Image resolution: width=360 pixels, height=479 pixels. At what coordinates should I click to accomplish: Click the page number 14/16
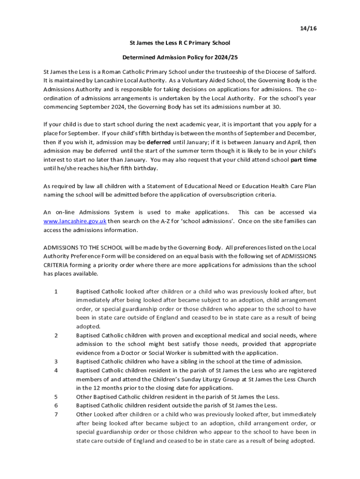pos(308,29)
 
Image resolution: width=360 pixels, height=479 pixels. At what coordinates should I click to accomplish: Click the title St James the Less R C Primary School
pos(180,43)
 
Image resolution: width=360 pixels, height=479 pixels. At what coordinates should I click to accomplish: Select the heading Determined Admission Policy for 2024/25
pos(180,58)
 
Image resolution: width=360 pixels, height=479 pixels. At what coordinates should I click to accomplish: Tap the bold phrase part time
pos(303,160)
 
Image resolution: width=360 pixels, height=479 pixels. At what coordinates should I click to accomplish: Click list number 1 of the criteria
pos(56,291)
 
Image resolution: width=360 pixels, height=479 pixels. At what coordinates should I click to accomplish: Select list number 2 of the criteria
pos(56,335)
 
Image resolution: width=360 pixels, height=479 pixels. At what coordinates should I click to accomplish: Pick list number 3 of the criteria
pos(56,362)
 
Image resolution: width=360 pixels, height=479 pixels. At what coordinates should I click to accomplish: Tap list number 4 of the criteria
pos(56,370)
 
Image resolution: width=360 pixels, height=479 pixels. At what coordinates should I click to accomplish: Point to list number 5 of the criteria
pos(56,397)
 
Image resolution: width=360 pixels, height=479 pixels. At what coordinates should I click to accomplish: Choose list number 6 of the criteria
pos(56,406)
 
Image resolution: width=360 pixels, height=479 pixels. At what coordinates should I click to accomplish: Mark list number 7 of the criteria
pos(56,414)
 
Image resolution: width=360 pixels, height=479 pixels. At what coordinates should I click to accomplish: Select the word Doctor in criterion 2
pos(125,353)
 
